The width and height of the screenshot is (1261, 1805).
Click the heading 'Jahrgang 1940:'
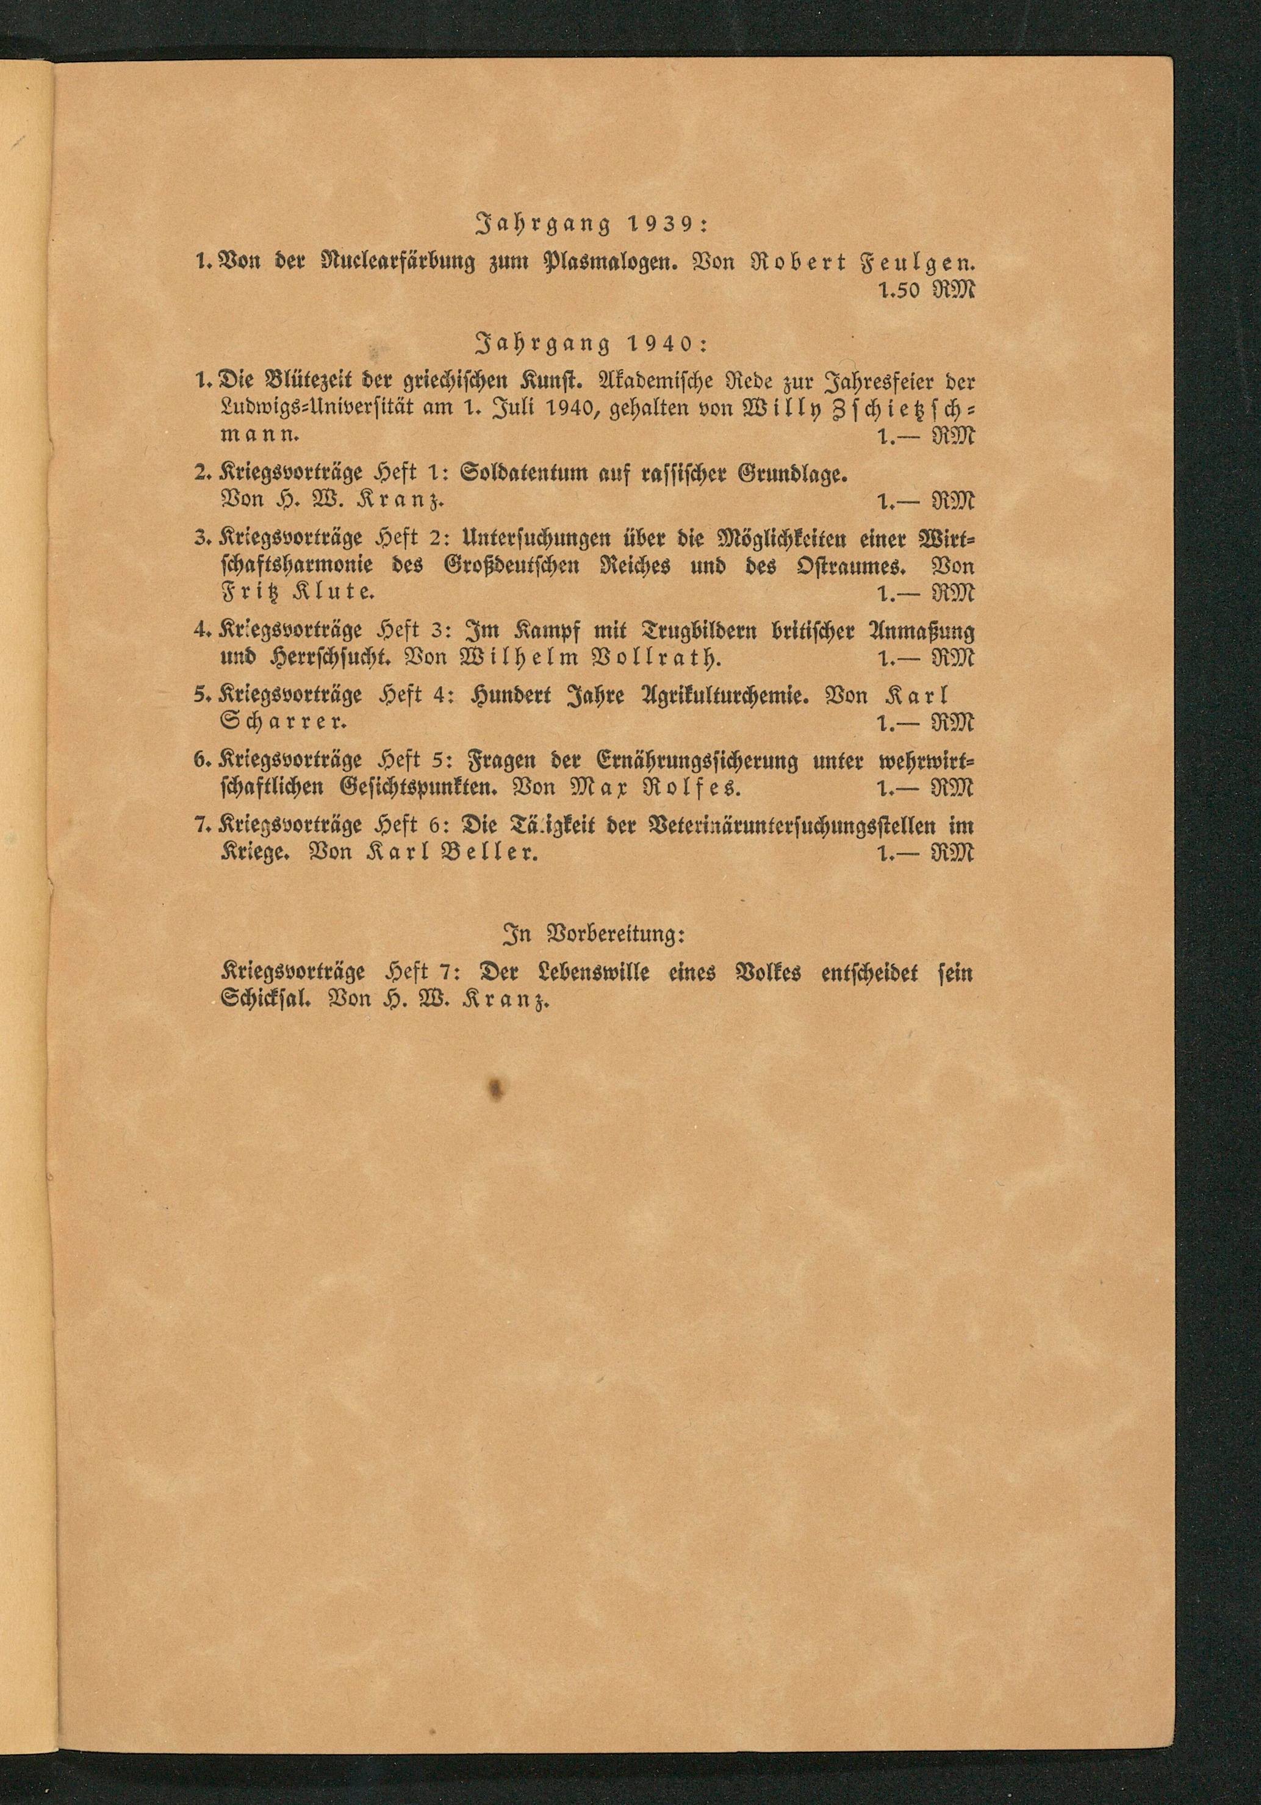click(593, 343)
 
